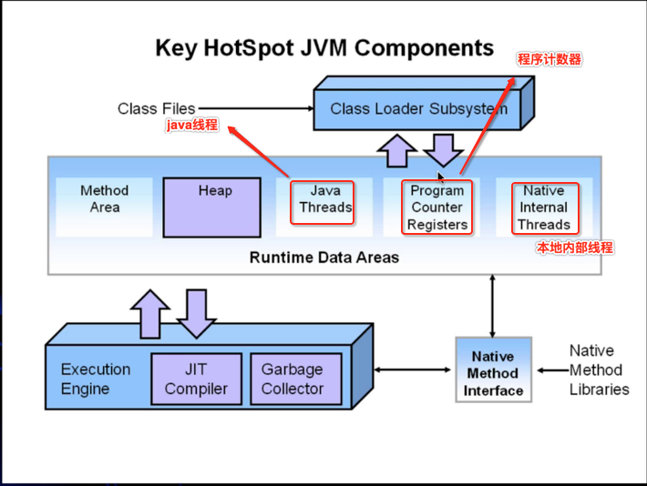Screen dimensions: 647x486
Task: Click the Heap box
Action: pyautogui.click(x=211, y=208)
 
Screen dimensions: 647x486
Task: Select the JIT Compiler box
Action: pyautogui.click(x=197, y=379)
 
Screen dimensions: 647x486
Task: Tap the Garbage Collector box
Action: pyautogui.click(x=296, y=379)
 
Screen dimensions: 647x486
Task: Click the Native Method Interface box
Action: pyautogui.click(x=494, y=370)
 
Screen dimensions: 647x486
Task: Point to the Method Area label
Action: pyautogui.click(x=105, y=198)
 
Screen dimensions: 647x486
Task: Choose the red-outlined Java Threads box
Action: pyautogui.click(x=323, y=202)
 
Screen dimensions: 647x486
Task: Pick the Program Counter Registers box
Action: pyautogui.click(x=437, y=208)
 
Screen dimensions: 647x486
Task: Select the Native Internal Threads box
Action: pyautogui.click(x=545, y=208)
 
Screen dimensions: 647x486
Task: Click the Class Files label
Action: pyautogui.click(x=157, y=109)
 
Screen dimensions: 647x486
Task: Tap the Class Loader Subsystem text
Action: pyautogui.click(x=419, y=109)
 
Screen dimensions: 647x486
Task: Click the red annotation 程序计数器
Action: pyautogui.click(x=549, y=59)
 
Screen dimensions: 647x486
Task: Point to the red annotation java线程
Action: pyautogui.click(x=192, y=125)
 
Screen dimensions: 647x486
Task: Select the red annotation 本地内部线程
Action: pyautogui.click(x=575, y=248)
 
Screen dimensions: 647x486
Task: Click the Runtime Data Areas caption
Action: pyautogui.click(x=324, y=258)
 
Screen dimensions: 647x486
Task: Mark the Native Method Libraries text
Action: pyautogui.click(x=599, y=370)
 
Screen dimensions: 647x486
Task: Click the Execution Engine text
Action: pyautogui.click(x=96, y=379)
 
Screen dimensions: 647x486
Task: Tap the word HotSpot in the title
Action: pyautogui.click(x=249, y=48)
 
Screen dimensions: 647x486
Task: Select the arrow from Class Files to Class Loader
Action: pyautogui.click(x=256, y=108)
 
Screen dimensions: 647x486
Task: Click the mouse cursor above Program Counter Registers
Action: pyautogui.click(x=441, y=177)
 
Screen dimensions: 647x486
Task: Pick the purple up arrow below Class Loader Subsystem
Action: pyautogui.click(x=397, y=151)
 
